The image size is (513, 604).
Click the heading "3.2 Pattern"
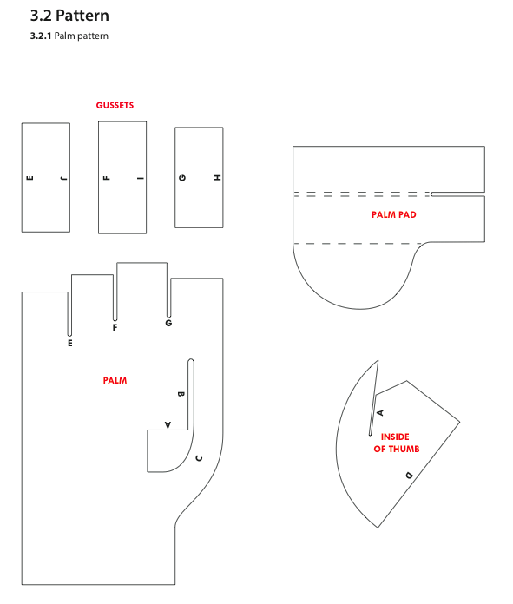[x=69, y=16]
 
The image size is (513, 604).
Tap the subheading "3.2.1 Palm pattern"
[x=69, y=36]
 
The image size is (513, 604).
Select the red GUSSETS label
[x=115, y=105]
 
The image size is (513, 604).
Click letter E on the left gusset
[x=30, y=178]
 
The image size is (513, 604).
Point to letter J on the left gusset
[x=63, y=178]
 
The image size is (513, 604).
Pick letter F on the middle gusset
[x=107, y=178]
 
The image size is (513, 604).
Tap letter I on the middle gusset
[x=141, y=178]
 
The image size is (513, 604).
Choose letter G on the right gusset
[x=182, y=178]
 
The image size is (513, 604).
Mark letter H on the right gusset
[x=217, y=178]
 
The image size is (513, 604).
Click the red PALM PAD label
[x=394, y=214]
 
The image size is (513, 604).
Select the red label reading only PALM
[x=115, y=380]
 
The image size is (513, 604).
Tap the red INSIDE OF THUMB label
[x=396, y=443]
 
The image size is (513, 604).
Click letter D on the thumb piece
[x=409, y=475]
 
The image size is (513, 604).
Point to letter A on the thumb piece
[x=380, y=412]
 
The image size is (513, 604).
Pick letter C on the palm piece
[x=199, y=458]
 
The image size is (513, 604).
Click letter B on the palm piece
[x=181, y=394]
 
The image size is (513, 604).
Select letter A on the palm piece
[x=168, y=424]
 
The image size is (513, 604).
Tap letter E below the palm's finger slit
[x=70, y=343]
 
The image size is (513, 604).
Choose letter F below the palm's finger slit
[x=115, y=327]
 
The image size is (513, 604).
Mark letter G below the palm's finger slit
[x=168, y=323]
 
